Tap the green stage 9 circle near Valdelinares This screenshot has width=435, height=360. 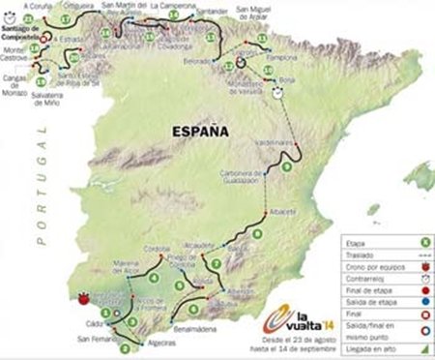tap(286, 167)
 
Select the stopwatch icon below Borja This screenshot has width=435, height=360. tap(278, 94)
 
